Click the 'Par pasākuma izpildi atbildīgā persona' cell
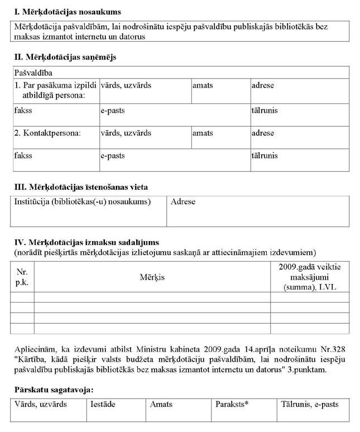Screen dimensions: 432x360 (54, 90)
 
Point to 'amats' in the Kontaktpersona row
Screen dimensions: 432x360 (203, 133)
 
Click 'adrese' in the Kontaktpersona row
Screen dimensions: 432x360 (263, 133)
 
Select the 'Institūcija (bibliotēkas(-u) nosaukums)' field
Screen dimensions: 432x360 (83, 201)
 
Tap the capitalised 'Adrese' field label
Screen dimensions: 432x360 (183, 201)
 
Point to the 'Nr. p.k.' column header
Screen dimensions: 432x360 (22, 277)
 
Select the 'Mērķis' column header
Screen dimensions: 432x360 (152, 277)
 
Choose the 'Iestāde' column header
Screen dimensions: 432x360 (103, 404)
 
